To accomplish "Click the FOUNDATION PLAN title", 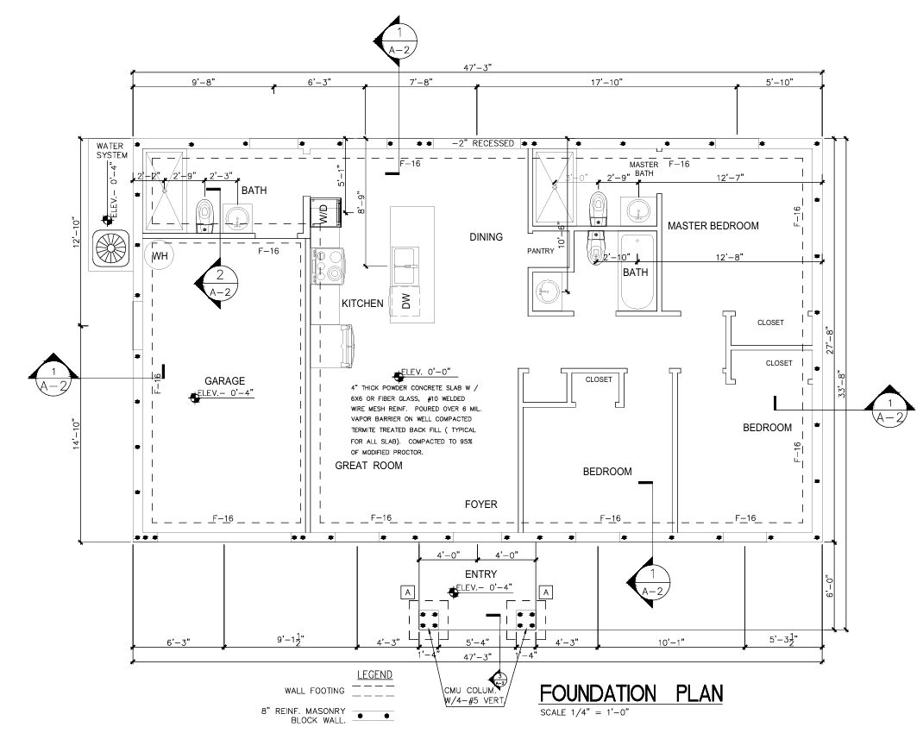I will [x=631, y=693].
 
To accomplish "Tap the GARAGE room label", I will [x=225, y=380].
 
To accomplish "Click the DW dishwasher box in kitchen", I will [x=405, y=301].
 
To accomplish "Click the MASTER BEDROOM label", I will [x=713, y=226].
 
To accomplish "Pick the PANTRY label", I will [x=545, y=252].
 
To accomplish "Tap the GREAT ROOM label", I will [x=368, y=466].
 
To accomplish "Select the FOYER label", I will [x=481, y=504].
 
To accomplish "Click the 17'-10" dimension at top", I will [x=609, y=82].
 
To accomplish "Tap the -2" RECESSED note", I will [x=482, y=143].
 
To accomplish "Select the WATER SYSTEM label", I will [x=111, y=151].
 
